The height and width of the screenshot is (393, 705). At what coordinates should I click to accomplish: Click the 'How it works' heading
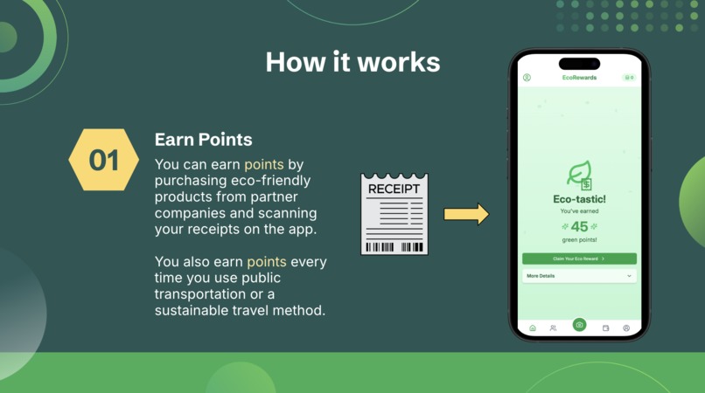[352, 62]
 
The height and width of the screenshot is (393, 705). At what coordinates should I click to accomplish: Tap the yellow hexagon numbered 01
[104, 160]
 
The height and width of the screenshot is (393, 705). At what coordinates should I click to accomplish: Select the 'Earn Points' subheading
[203, 140]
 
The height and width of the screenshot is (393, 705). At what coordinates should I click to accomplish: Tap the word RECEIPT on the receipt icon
[394, 189]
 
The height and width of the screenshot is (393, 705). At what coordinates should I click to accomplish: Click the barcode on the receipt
[394, 246]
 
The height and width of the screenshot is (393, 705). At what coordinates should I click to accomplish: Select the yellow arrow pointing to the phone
[465, 214]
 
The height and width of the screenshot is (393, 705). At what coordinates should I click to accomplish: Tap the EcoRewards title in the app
[579, 78]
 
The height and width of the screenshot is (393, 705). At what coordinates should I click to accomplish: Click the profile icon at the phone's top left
[527, 78]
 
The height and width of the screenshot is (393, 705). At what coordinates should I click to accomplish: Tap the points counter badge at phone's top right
[628, 78]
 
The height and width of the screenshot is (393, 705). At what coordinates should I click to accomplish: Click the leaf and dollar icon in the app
[579, 176]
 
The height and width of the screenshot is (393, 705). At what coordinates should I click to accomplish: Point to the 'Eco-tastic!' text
[579, 199]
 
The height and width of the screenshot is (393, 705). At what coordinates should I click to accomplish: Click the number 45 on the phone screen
[579, 227]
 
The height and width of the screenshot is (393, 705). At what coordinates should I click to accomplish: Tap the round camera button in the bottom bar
[579, 325]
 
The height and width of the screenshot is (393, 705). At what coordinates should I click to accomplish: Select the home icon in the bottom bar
[532, 328]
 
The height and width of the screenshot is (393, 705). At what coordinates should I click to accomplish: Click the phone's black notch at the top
[579, 63]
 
